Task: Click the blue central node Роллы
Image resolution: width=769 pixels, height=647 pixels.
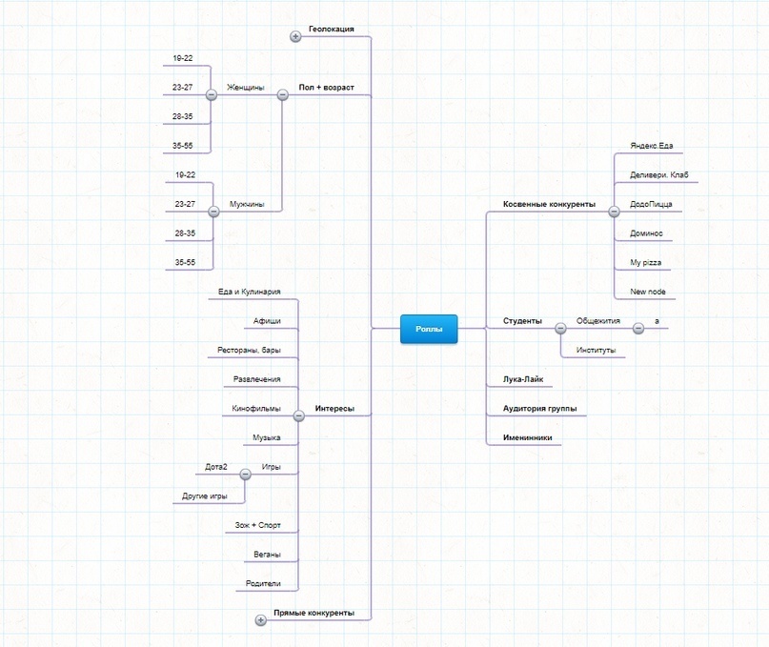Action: (428, 329)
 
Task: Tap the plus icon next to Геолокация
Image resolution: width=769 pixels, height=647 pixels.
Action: (295, 36)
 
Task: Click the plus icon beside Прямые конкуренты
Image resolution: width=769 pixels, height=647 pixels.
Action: (260, 620)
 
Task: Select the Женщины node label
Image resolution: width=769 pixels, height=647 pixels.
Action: (245, 88)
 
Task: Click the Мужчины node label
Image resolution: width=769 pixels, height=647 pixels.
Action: (246, 204)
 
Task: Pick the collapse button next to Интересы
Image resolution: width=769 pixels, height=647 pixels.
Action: (298, 415)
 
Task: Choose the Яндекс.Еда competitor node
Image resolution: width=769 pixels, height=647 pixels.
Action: (651, 146)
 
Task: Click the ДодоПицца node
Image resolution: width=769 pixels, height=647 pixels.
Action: (651, 204)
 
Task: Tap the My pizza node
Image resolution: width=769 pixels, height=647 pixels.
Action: (645, 262)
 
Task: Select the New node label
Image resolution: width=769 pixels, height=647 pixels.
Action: (648, 291)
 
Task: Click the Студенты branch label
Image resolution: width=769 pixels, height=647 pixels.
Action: (522, 321)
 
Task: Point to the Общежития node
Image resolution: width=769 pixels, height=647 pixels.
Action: (597, 321)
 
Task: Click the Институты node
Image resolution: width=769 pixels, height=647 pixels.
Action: (596, 350)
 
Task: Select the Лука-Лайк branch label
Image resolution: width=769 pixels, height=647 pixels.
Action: (523, 379)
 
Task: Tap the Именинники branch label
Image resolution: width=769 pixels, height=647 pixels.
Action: (527, 437)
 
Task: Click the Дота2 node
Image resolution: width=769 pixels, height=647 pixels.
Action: (216, 467)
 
